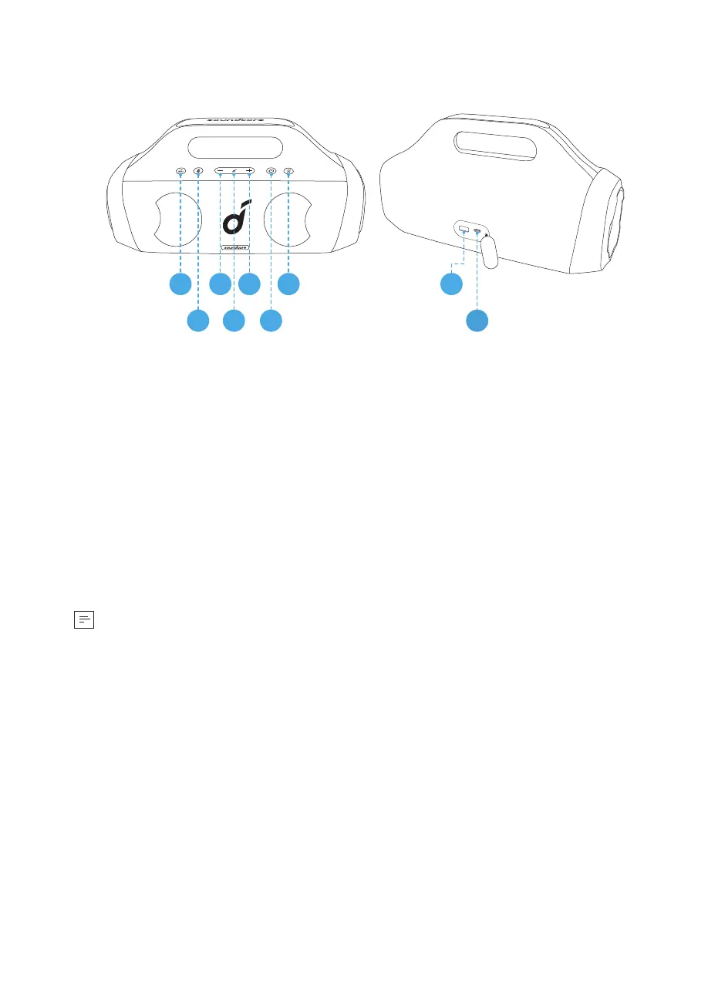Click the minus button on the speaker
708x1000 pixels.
pyautogui.click(x=220, y=170)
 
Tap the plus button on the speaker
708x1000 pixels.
pyautogui.click(x=250, y=170)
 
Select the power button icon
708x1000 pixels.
pyautogui.click(x=271, y=170)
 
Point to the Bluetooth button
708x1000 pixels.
pyautogui.click(x=198, y=171)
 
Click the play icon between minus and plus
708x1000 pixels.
pyautogui.click(x=234, y=170)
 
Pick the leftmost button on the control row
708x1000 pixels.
pyautogui.click(x=180, y=171)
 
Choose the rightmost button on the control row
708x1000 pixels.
pyautogui.click(x=288, y=171)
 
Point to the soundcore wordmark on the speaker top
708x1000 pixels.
pyautogui.click(x=234, y=121)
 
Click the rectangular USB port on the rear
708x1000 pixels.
pyautogui.click(x=464, y=229)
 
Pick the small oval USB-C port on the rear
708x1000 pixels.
pyautogui.click(x=478, y=230)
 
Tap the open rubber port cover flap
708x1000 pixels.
pyautogui.click(x=490, y=250)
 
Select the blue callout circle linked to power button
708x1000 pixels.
pyautogui.click(x=271, y=320)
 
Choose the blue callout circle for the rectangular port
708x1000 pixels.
pyautogui.click(x=451, y=284)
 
